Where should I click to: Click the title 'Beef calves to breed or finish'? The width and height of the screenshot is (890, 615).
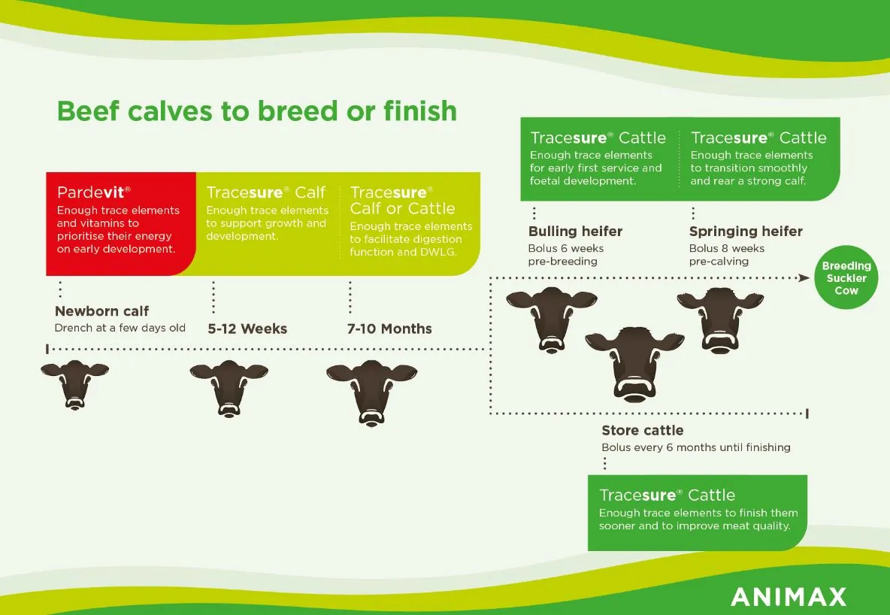[x=256, y=111]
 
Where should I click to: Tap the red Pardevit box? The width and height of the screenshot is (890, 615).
[x=121, y=224]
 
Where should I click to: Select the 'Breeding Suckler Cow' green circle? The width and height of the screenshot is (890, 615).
[x=846, y=277]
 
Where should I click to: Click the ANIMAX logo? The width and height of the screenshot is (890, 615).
[x=789, y=597]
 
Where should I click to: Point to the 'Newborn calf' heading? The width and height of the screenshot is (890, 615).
[x=101, y=311]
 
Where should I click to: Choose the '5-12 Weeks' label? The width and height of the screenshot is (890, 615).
[x=247, y=329]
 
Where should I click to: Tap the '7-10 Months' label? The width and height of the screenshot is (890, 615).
[x=389, y=329]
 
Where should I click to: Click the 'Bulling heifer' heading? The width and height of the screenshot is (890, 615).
[x=575, y=232]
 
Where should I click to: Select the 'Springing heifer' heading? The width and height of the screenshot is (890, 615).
[x=746, y=232]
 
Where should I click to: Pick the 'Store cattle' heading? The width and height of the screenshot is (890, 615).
[x=643, y=431]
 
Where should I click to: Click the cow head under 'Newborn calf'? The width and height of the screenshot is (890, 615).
[x=75, y=384]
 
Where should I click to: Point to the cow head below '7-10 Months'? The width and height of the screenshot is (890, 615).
[x=372, y=392]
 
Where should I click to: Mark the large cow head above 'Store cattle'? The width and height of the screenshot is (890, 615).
[x=634, y=364]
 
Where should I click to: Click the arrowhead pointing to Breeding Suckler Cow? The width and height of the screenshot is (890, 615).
[x=804, y=277]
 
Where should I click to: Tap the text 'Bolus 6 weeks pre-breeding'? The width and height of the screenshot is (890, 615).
[x=566, y=255]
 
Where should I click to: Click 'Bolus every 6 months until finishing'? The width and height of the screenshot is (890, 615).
[x=696, y=447]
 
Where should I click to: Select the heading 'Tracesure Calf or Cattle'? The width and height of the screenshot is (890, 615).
[x=402, y=201]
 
